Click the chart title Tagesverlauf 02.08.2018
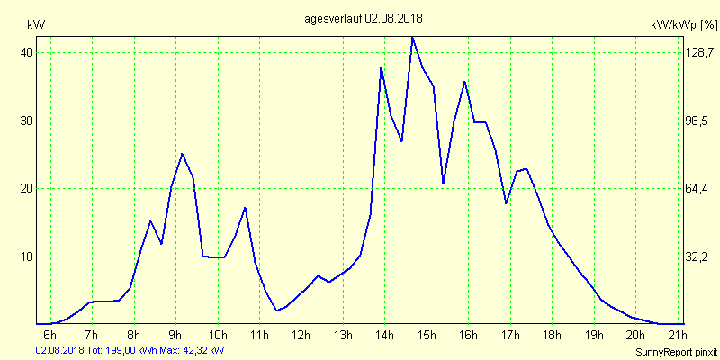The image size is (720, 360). pyautogui.click(x=360, y=18)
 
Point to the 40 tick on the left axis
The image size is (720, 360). pyautogui.click(x=27, y=53)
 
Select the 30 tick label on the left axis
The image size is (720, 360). pyautogui.click(x=27, y=121)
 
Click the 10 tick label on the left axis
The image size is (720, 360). pyautogui.click(x=27, y=256)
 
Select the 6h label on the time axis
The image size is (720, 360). pyautogui.click(x=50, y=337)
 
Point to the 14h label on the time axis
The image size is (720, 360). pyautogui.click(x=384, y=337)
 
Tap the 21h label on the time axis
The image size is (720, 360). pyautogui.click(x=677, y=337)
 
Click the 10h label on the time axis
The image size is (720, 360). pyautogui.click(x=218, y=337)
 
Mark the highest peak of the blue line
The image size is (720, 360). pyautogui.click(x=412, y=38)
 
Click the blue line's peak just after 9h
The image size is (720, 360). pyautogui.click(x=182, y=154)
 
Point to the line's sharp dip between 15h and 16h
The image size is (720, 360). pyautogui.click(x=444, y=183)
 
